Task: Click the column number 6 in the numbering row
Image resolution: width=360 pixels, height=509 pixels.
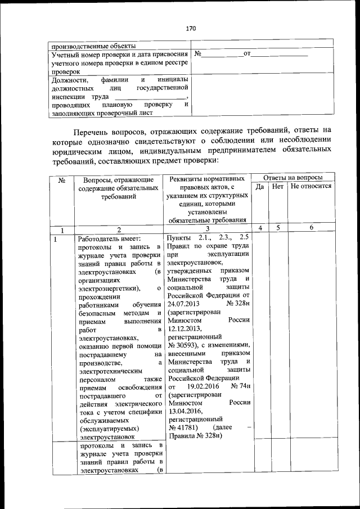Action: [311, 228]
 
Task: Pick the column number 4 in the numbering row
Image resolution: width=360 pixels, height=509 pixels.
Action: [260, 228]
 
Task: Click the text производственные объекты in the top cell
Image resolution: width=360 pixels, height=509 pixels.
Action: [92, 46]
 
